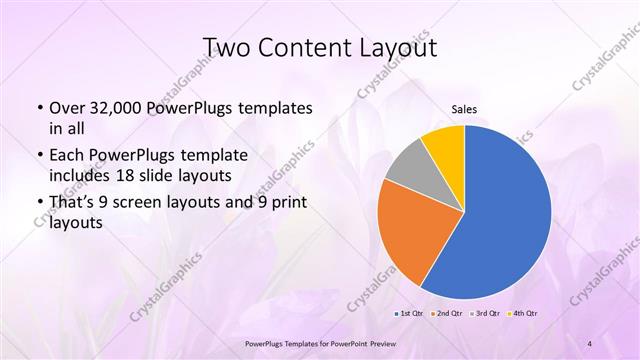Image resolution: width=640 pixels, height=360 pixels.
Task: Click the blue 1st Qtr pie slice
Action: (x=505, y=215)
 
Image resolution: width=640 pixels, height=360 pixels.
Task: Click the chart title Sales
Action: (x=464, y=110)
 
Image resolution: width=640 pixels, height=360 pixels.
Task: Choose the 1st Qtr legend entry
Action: (x=410, y=313)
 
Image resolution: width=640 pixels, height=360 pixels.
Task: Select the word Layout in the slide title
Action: (x=397, y=47)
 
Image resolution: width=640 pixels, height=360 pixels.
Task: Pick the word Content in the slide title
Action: (x=305, y=47)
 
